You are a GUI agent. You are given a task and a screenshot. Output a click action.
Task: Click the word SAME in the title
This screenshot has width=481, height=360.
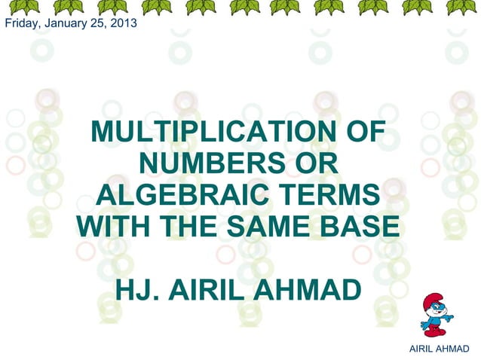tap(273, 227)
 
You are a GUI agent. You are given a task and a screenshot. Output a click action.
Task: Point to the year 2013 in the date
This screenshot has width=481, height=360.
tap(123, 23)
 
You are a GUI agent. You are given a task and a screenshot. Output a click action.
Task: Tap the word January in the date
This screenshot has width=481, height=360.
tap(62, 23)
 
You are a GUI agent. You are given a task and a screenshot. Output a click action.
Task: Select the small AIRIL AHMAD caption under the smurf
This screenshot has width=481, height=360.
tap(437, 349)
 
